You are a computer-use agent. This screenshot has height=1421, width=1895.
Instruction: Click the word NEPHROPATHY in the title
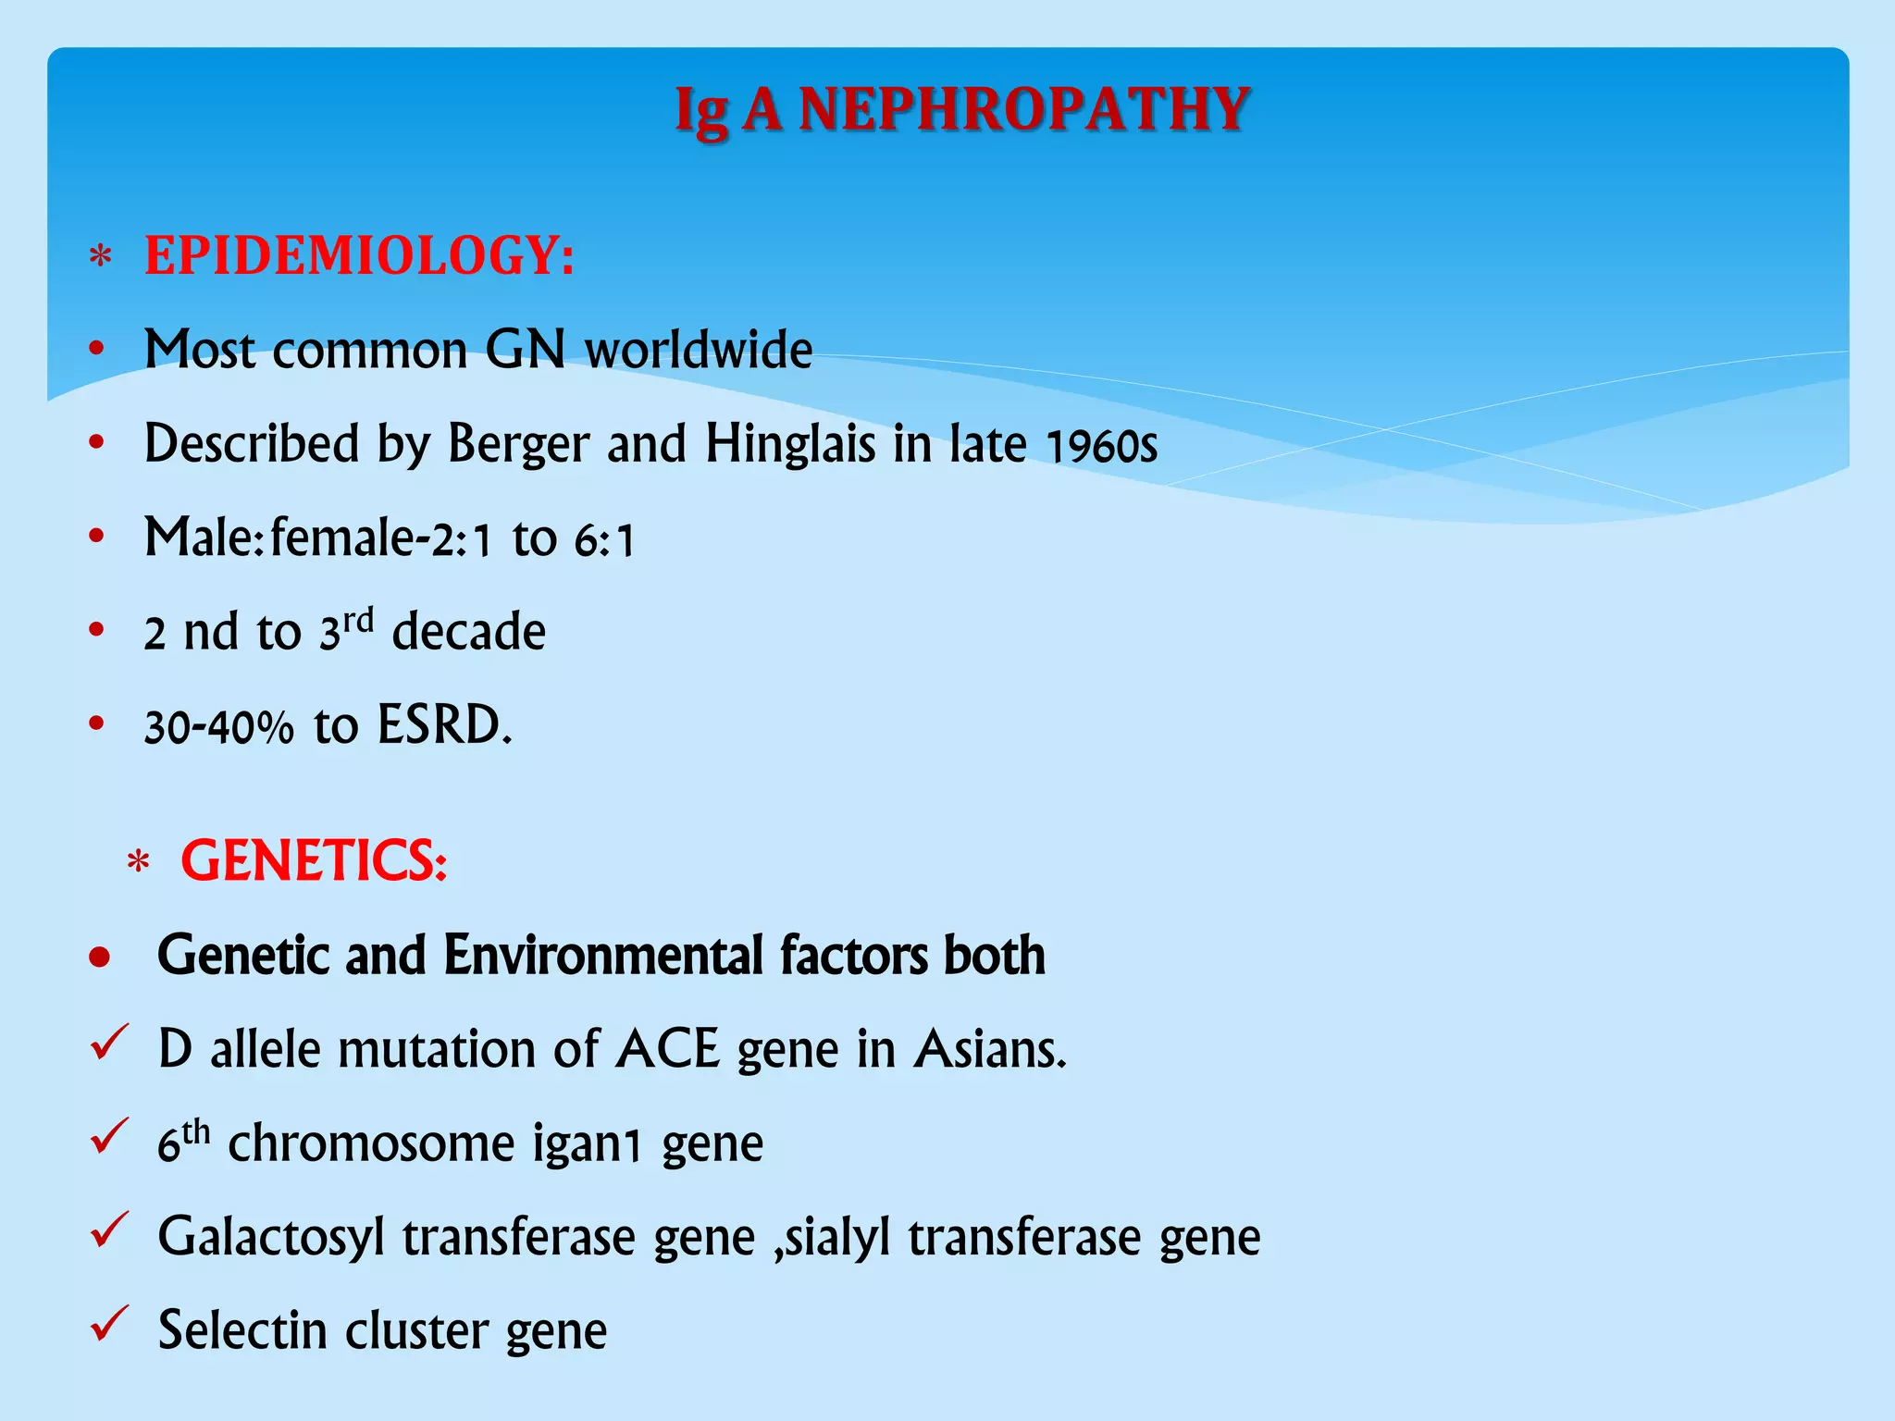(x=1024, y=109)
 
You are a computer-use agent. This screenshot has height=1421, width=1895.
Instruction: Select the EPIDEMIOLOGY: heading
(x=359, y=256)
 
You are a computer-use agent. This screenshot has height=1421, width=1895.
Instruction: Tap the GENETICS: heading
(x=314, y=861)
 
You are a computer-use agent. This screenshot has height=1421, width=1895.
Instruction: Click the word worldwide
(x=699, y=350)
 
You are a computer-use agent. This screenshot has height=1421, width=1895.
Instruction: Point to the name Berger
(x=518, y=444)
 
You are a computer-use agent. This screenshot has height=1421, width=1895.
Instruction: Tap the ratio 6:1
(x=603, y=540)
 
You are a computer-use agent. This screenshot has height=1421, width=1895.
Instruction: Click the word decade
(x=468, y=632)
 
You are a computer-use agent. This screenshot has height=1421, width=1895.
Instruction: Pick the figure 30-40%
(x=218, y=727)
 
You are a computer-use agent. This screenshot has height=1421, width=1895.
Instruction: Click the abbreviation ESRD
(x=444, y=725)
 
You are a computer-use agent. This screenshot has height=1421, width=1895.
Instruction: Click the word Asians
(x=989, y=1050)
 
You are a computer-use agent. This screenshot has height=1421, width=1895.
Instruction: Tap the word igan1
(x=587, y=1144)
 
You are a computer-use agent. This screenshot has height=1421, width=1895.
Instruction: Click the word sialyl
(x=838, y=1238)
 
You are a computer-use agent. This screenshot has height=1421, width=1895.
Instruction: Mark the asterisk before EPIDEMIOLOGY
(x=100, y=256)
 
